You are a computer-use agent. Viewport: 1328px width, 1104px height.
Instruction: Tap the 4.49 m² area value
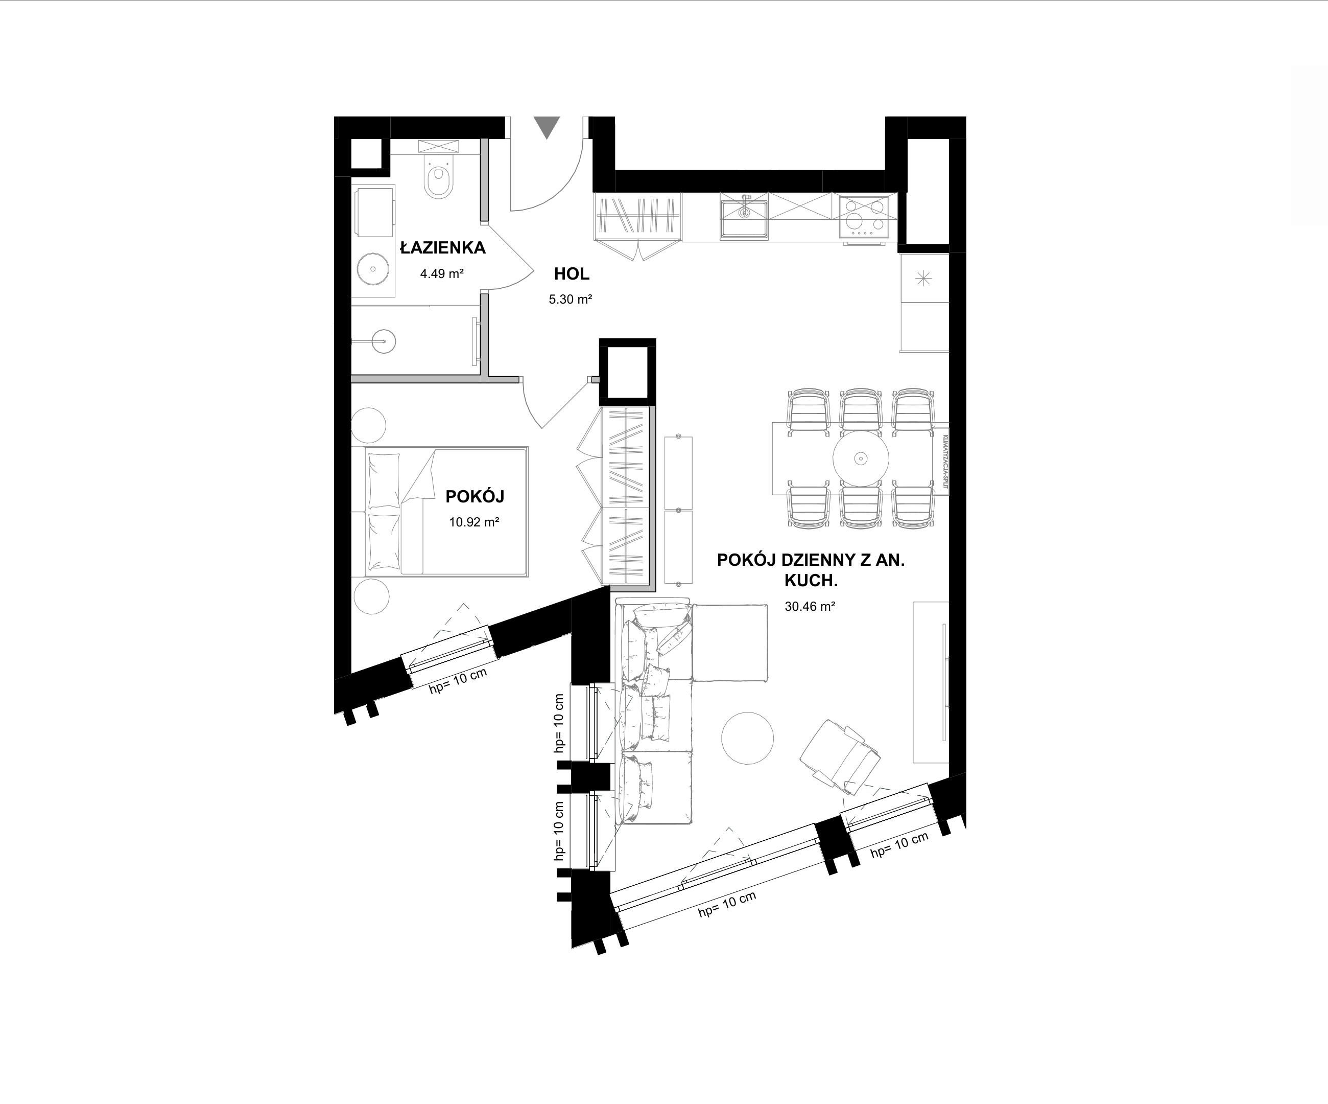coord(442,274)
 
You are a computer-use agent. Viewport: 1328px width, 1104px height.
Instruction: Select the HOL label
coord(572,274)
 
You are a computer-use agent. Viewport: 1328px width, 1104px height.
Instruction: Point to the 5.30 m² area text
coord(571,299)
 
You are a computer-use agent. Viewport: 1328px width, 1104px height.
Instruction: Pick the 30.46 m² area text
coord(810,606)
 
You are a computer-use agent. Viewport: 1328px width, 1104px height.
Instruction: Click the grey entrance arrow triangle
coord(547,127)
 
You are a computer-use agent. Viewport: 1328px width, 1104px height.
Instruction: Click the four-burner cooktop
coord(863,217)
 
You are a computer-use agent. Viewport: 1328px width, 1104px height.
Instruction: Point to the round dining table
coord(860,458)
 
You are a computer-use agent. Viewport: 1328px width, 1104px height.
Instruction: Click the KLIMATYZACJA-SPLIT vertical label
coord(943,461)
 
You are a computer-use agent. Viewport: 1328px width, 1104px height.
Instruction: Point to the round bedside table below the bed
coord(371,596)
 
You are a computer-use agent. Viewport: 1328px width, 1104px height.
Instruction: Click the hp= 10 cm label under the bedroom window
coord(459,681)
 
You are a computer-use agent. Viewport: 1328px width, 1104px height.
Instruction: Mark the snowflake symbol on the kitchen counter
coord(924,277)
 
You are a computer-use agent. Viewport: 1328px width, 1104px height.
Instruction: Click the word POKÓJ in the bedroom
coord(475,497)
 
